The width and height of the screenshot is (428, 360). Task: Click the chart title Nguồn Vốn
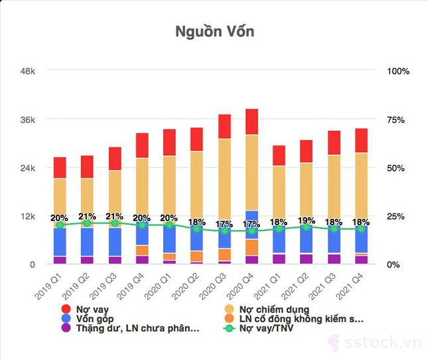click(214, 31)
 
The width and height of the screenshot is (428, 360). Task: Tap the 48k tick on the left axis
click(27, 71)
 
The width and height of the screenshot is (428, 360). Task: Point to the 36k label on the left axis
click(27, 120)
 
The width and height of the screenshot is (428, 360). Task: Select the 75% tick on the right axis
click(398, 120)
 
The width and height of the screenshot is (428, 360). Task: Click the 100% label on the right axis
click(398, 71)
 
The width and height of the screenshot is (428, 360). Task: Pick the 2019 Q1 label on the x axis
click(50, 284)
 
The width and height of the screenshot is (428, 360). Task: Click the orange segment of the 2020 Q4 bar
click(251, 247)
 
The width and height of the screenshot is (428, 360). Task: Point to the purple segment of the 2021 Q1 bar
click(279, 259)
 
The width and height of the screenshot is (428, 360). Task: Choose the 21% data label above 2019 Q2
click(88, 217)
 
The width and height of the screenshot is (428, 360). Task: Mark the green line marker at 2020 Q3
click(224, 230)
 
